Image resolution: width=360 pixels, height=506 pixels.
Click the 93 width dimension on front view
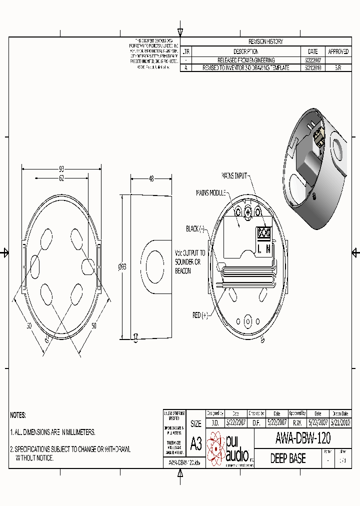click(x=61, y=168)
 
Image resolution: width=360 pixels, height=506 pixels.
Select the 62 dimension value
click(x=61, y=178)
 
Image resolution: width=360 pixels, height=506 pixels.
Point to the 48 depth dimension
click(x=151, y=178)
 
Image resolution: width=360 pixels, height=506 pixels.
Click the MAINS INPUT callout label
click(x=234, y=175)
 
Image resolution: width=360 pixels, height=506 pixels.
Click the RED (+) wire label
click(x=200, y=315)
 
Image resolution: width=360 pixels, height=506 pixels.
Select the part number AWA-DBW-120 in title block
click(x=303, y=438)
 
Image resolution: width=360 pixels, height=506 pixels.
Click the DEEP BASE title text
click(x=288, y=458)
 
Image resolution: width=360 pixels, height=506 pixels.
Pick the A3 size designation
click(x=196, y=443)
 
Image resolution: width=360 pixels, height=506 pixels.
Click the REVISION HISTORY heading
click(x=265, y=41)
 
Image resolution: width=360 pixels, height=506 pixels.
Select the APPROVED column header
click(x=338, y=51)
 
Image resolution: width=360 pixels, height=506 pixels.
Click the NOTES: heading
click(x=18, y=415)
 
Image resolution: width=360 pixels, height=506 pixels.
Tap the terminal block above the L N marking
click(x=263, y=232)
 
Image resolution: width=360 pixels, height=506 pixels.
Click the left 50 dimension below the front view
click(x=29, y=325)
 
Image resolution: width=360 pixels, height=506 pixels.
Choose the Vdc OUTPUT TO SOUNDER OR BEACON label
click(x=189, y=261)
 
